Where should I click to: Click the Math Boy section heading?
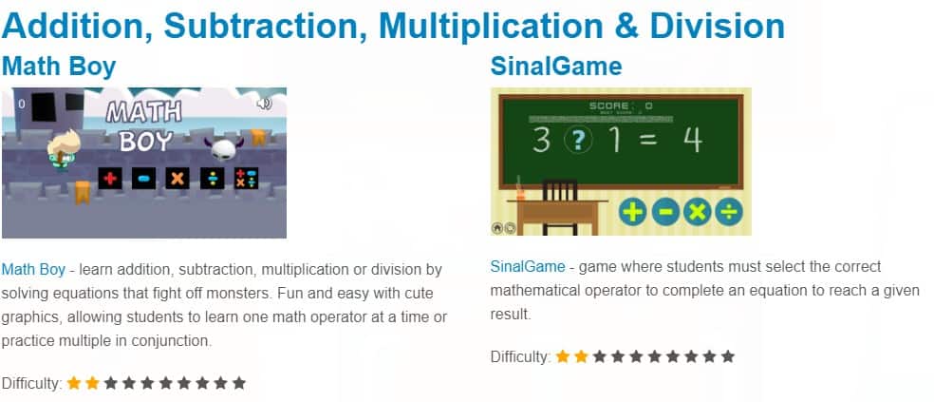point(59,67)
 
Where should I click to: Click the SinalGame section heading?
point(556,67)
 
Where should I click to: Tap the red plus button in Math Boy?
point(110,178)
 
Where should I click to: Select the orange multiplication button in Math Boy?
point(177,178)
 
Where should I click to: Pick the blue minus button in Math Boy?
point(143,178)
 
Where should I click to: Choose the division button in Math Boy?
point(212,178)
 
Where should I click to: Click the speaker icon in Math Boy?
point(264,104)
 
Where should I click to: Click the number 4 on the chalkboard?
point(692,139)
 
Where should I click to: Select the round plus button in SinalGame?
point(632,212)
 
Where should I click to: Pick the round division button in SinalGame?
point(729,212)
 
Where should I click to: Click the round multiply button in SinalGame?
point(697,212)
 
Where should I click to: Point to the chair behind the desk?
point(560,206)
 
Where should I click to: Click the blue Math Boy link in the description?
point(33,270)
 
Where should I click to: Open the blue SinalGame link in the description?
point(527,266)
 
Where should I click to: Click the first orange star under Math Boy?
point(74,382)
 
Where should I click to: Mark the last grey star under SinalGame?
point(727,356)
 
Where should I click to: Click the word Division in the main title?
point(718,27)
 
